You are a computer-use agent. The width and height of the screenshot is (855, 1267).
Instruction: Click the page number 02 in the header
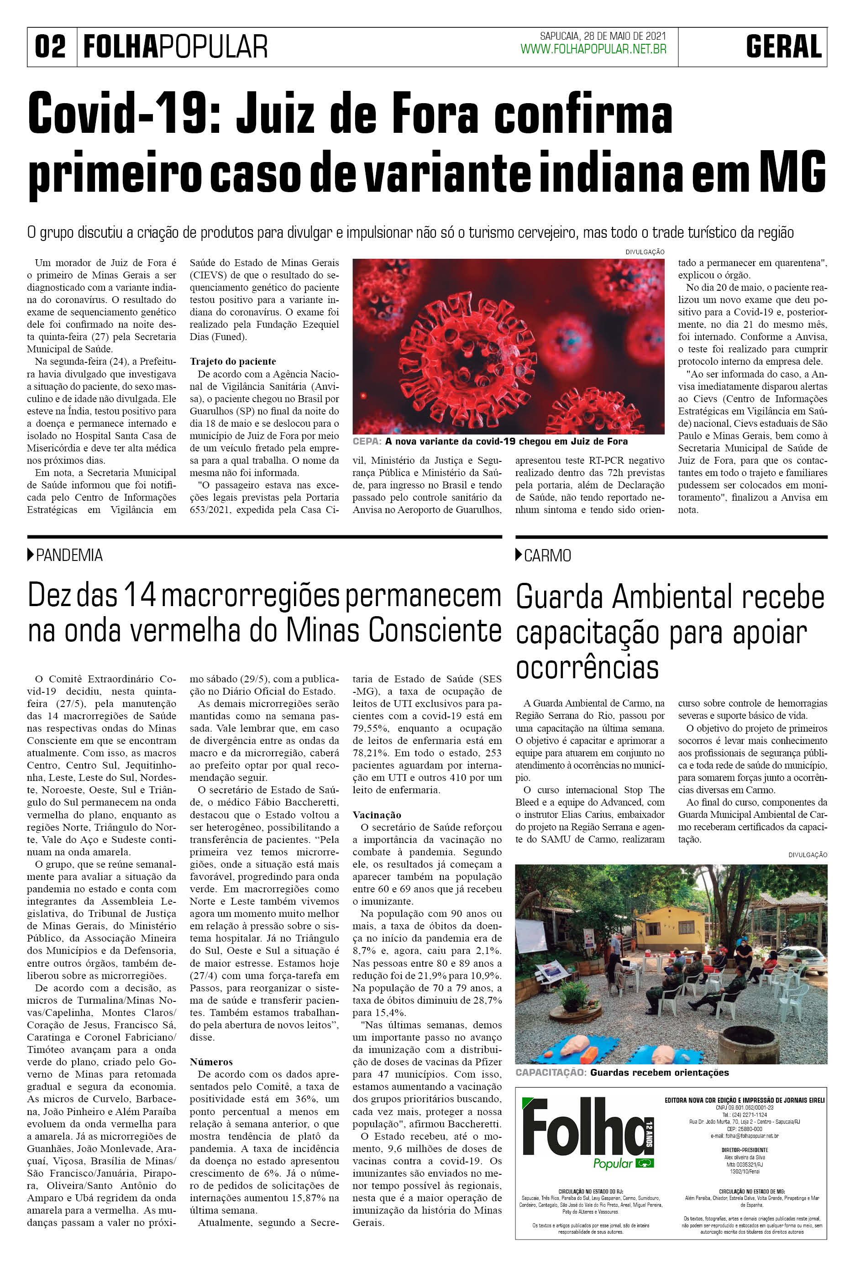click(x=50, y=47)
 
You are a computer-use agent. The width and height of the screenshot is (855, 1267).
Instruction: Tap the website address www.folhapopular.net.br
click(x=593, y=50)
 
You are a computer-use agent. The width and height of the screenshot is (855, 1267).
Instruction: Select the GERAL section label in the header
click(x=784, y=47)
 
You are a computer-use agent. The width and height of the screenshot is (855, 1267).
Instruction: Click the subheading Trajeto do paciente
click(x=233, y=361)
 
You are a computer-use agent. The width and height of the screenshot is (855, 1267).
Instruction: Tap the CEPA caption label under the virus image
click(x=367, y=442)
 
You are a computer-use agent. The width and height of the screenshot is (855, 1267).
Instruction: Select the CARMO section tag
click(x=547, y=555)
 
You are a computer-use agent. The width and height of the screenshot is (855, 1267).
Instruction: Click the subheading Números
click(x=211, y=1062)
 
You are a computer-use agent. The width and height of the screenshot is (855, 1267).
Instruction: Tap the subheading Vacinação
click(x=377, y=815)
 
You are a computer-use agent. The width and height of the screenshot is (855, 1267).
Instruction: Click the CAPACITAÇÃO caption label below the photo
click(x=550, y=1073)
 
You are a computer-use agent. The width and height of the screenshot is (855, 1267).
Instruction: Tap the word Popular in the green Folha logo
click(x=612, y=1164)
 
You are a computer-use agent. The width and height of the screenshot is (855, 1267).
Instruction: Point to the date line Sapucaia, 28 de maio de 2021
click(x=603, y=37)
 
